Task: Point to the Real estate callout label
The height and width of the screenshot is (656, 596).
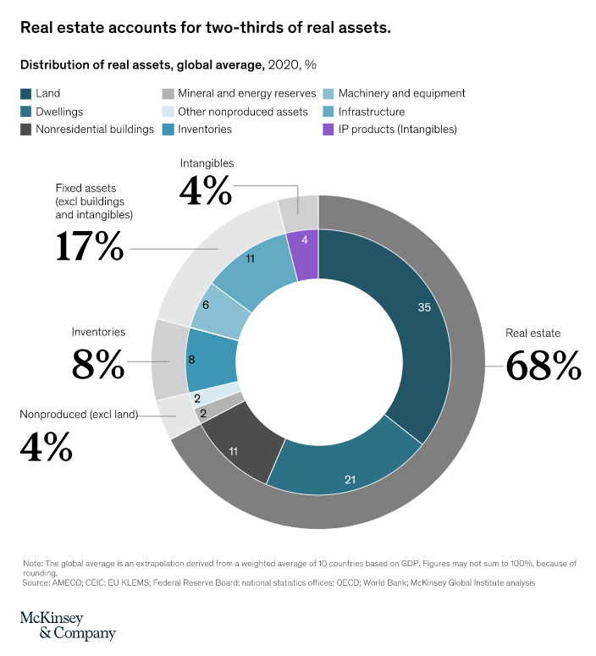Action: point(533,333)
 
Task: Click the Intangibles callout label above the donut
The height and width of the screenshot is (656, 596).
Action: point(207,163)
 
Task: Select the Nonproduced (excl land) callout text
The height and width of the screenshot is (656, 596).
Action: point(77,415)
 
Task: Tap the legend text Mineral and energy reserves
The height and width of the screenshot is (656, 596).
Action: point(247,93)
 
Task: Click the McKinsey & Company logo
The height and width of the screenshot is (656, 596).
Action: point(68,625)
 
